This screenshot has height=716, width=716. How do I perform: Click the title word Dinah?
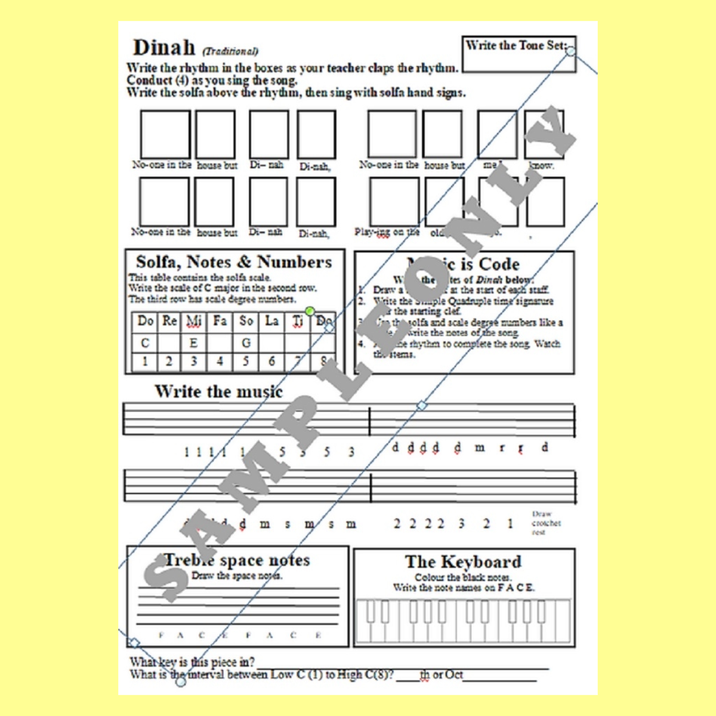163,48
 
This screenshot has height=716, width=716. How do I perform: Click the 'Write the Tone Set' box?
518,54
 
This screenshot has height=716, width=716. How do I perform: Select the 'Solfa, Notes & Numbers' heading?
234,262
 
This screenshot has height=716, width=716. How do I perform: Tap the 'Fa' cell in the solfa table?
220,321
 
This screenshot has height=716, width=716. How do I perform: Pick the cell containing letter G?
246,343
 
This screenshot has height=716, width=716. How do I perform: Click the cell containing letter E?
193,343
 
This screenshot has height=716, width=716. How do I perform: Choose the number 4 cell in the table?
220,361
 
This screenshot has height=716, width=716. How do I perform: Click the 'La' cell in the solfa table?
272,321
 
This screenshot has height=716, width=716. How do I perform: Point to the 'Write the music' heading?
218,391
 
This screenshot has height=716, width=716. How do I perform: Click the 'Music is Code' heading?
464,264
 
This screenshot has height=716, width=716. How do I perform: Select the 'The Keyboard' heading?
463,562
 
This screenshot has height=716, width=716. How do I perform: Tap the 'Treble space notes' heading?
237,560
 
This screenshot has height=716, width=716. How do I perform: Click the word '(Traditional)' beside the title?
230,51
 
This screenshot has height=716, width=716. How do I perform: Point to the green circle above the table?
310,311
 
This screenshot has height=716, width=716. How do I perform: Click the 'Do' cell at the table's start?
145,321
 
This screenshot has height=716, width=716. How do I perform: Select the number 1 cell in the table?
145,361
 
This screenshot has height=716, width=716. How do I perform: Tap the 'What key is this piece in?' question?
192,662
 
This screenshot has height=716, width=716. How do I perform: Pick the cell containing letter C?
145,343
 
